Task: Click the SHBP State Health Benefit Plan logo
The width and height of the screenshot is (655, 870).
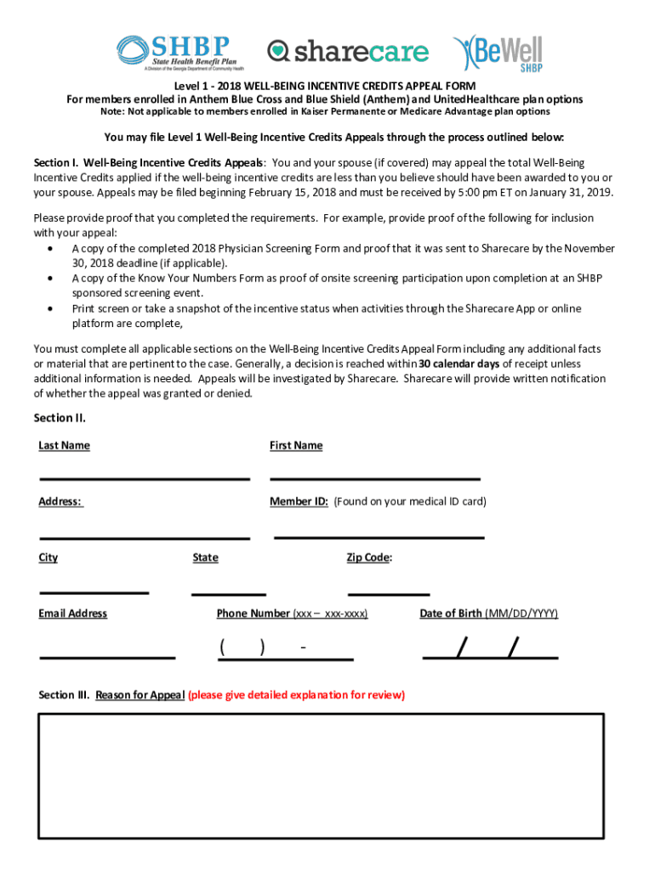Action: (180, 53)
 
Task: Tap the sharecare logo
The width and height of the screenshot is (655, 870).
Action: (348, 52)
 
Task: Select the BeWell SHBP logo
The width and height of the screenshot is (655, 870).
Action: (498, 53)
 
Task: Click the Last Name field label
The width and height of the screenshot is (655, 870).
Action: (64, 446)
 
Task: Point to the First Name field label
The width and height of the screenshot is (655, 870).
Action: (296, 446)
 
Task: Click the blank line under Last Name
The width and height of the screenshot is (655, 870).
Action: (145, 477)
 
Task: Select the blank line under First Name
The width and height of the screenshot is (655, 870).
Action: (375, 477)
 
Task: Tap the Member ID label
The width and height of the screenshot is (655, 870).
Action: (299, 502)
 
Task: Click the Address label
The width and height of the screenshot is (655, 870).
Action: (60, 502)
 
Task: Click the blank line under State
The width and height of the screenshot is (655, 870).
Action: (229, 591)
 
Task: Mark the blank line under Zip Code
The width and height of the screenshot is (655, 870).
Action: (389, 591)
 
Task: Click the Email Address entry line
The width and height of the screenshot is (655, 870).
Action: (107, 656)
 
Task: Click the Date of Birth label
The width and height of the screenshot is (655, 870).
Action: (451, 614)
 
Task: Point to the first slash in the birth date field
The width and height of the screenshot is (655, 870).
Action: (461, 648)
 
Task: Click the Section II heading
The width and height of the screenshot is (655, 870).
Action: (60, 418)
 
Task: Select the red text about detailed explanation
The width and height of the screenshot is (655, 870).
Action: (296, 695)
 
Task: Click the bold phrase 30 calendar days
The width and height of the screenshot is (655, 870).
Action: (458, 364)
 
